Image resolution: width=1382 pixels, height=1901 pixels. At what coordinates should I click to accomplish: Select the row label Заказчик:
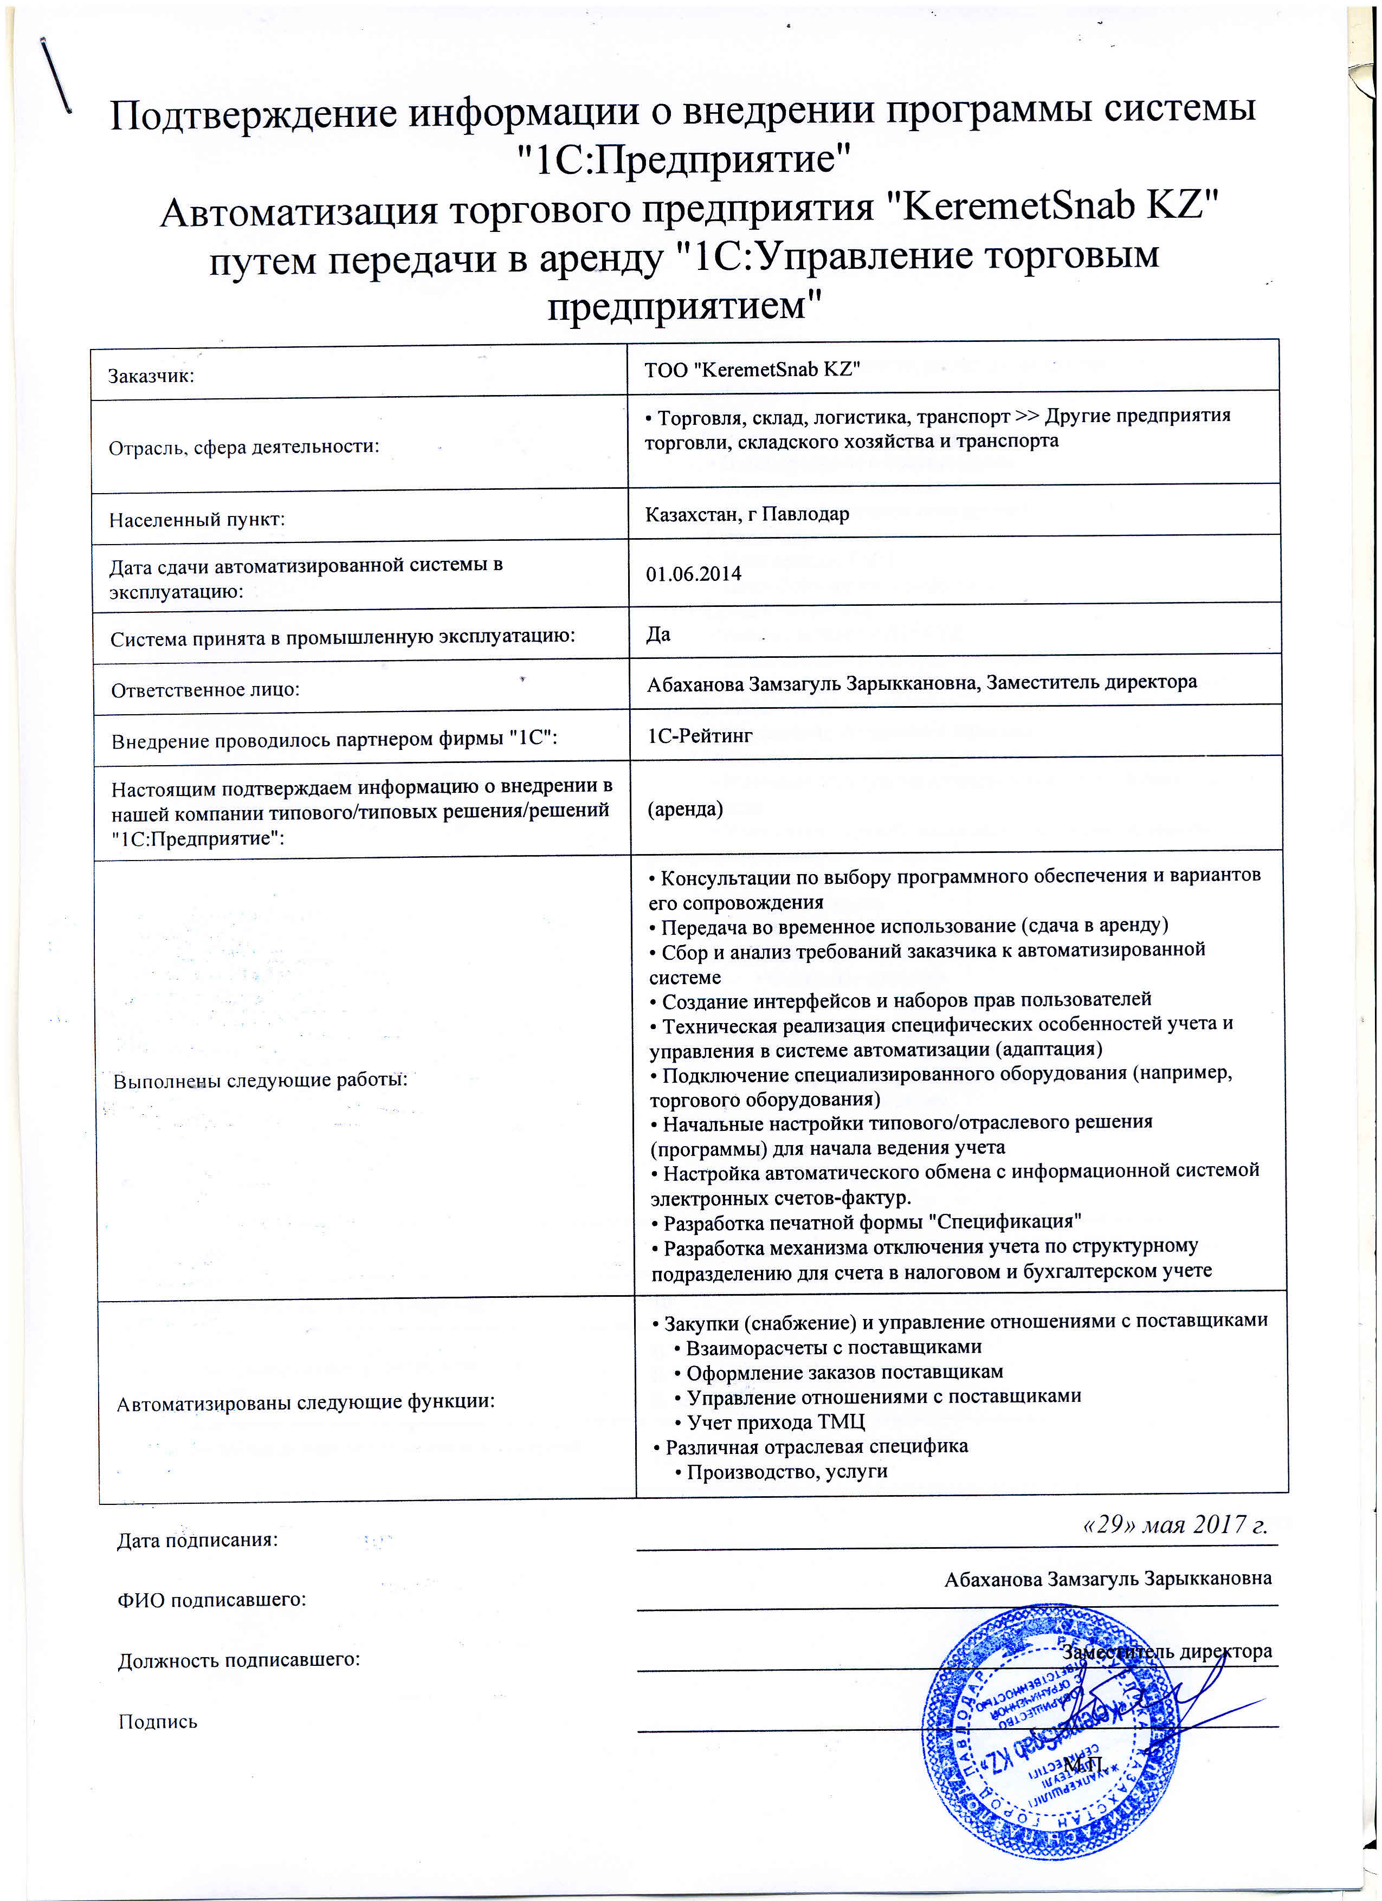[151, 376]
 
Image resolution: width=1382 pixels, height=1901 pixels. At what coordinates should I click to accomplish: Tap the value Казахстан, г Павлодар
[747, 514]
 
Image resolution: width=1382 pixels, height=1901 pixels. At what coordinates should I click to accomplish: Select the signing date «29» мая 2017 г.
[1175, 1524]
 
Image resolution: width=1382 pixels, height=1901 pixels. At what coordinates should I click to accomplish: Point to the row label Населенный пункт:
[197, 520]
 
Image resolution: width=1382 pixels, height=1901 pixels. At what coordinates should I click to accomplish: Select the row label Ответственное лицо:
[205, 690]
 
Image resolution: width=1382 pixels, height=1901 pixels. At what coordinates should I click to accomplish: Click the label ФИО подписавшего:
[211, 1599]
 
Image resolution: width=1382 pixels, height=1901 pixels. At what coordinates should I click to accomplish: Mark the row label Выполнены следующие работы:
[260, 1079]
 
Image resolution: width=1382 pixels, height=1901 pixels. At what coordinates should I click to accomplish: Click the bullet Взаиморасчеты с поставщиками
[833, 1347]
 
